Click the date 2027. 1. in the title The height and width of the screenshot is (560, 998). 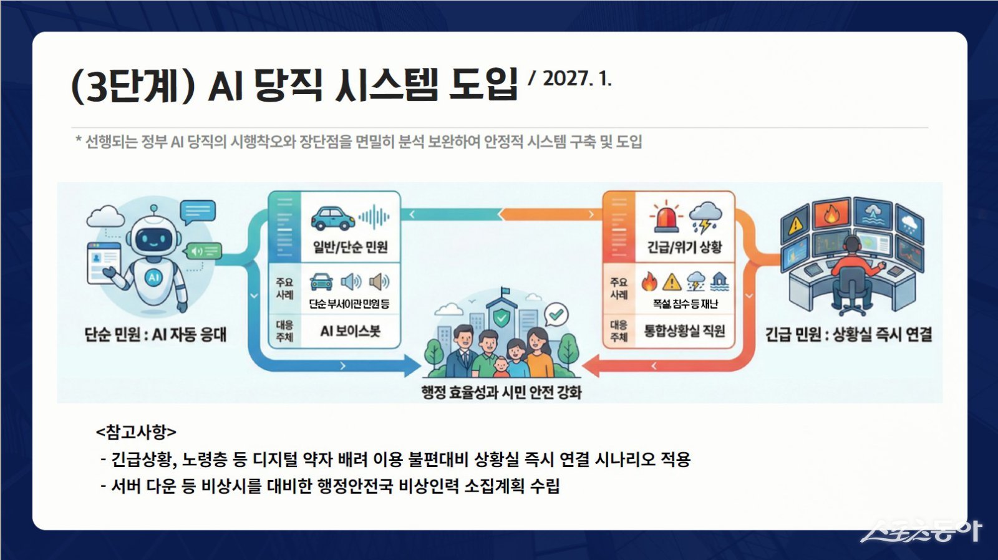coord(576,79)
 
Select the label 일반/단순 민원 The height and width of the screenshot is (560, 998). coord(350,248)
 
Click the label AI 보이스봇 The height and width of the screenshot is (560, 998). coord(350,332)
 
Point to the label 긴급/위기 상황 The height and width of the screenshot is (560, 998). coord(684,248)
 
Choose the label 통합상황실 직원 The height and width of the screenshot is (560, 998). coord(684,332)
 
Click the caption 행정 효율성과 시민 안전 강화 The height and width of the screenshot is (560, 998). coord(501,393)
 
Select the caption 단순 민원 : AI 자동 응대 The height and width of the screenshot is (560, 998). coord(155,335)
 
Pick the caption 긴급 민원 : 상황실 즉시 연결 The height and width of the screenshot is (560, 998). coord(848,335)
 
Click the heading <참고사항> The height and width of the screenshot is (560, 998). coord(136,432)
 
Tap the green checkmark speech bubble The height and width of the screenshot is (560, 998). coord(555,314)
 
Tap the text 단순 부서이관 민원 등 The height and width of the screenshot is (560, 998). coord(349,304)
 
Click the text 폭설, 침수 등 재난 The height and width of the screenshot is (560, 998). coord(685,304)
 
